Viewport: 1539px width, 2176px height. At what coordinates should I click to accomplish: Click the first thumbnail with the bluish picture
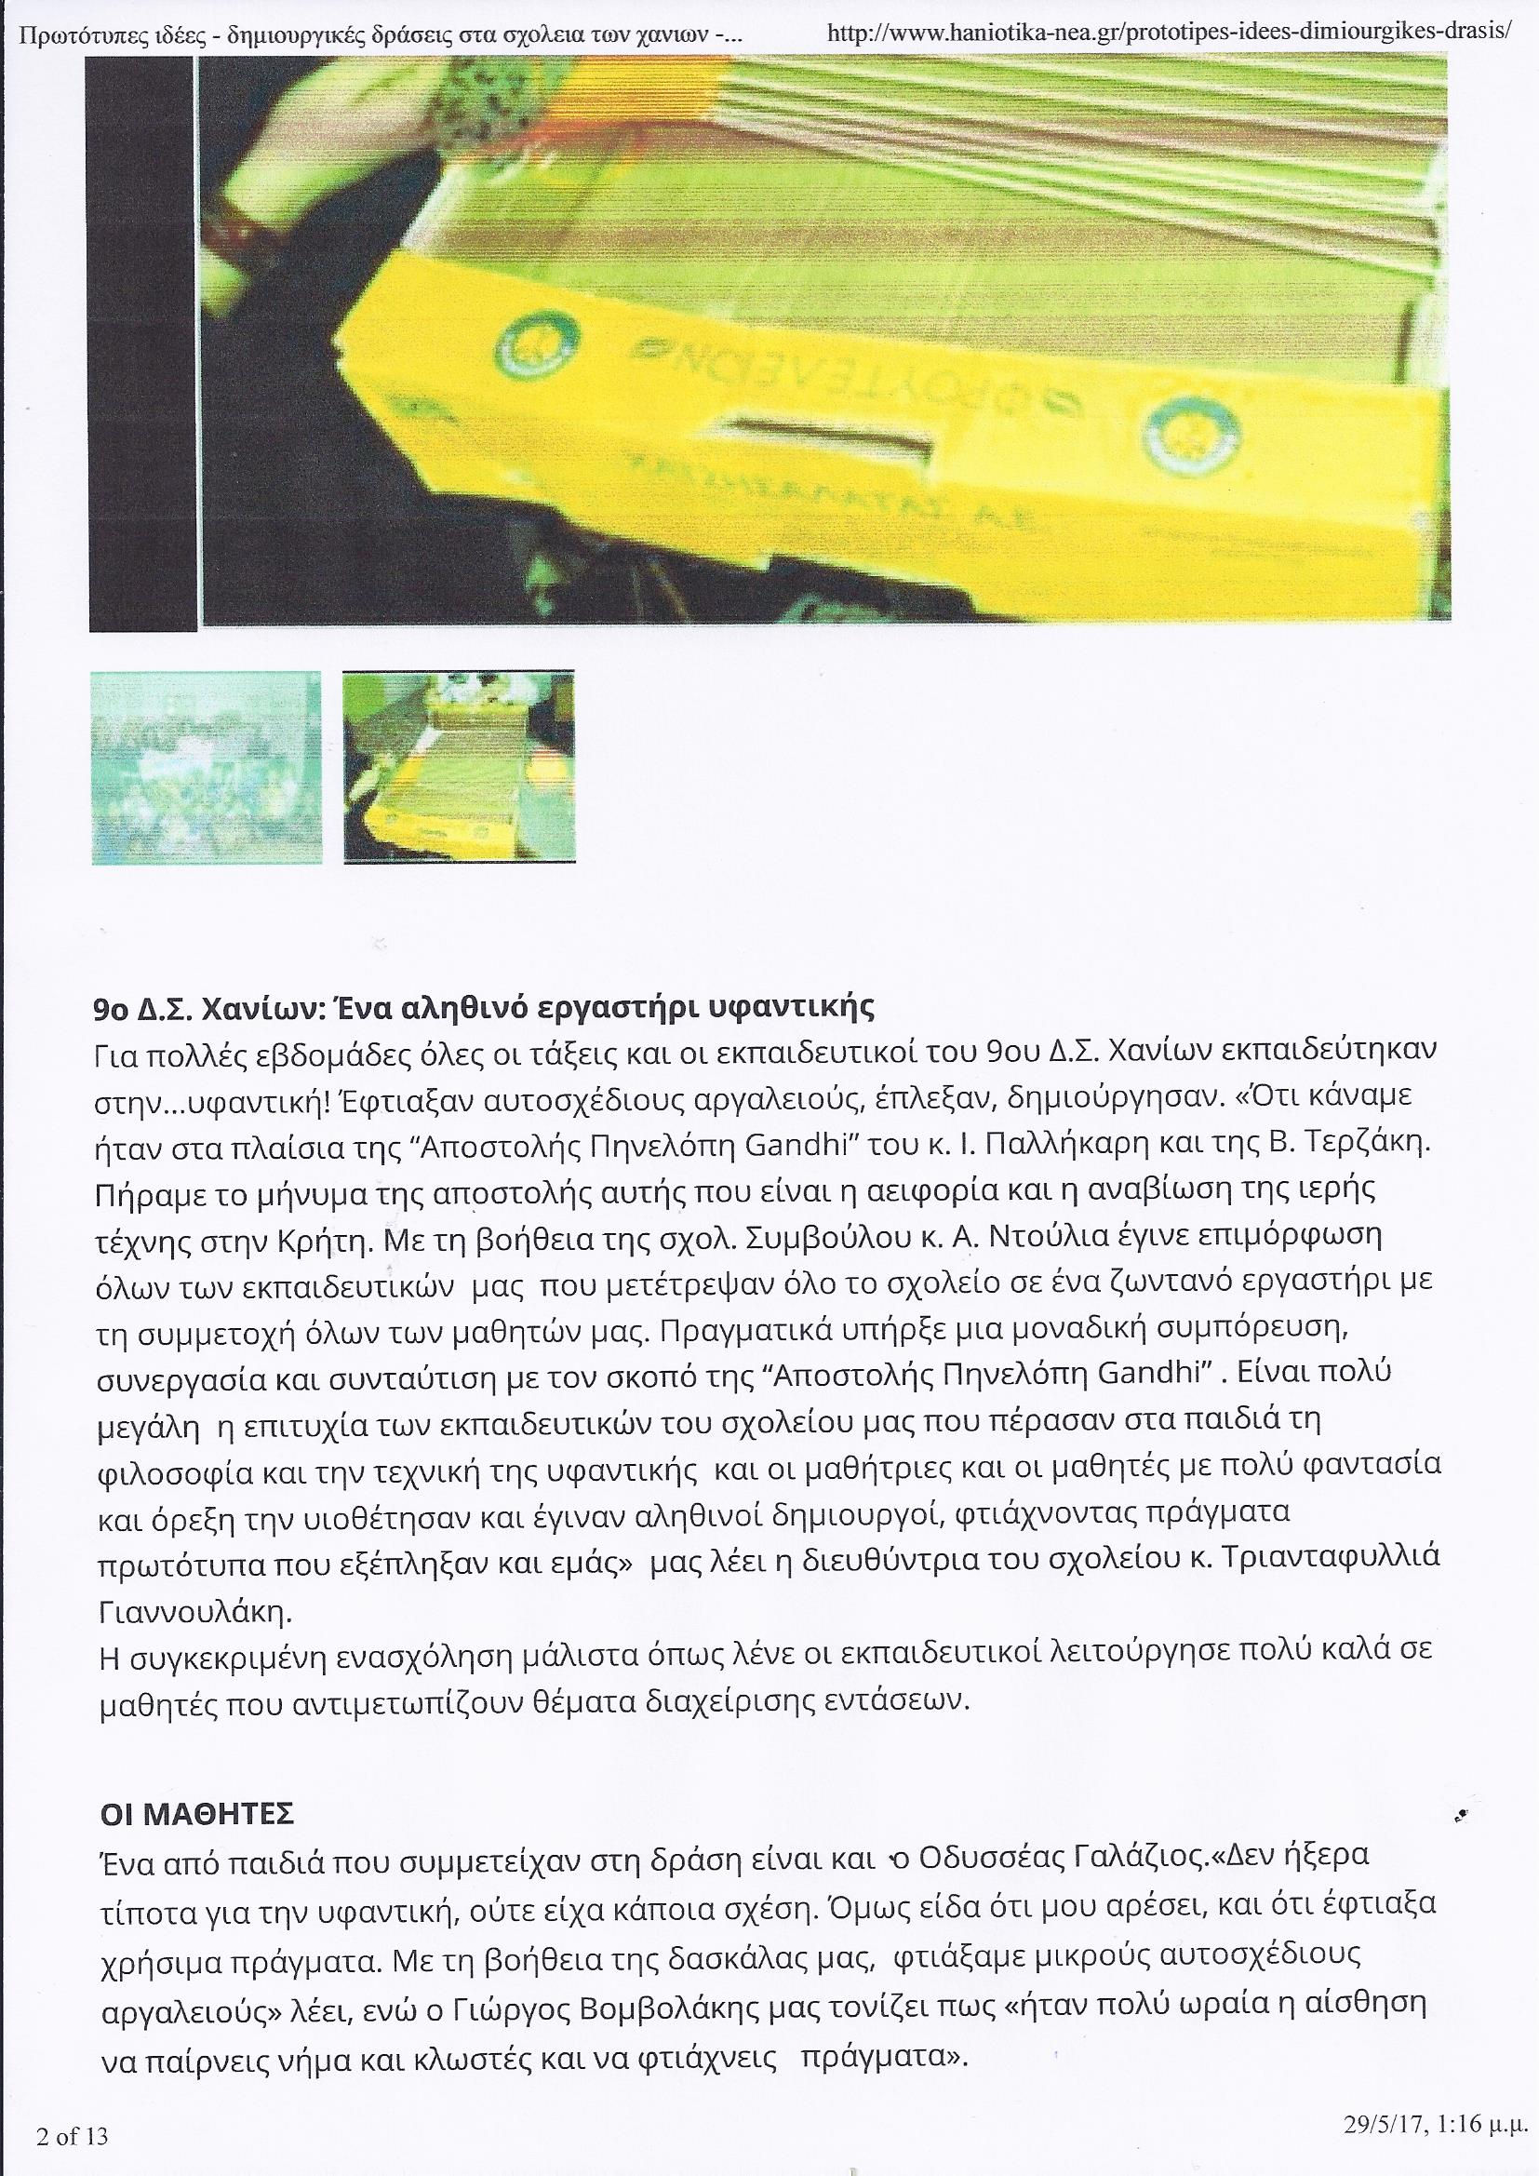[206, 767]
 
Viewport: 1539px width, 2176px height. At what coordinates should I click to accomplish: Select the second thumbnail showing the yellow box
[459, 767]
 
